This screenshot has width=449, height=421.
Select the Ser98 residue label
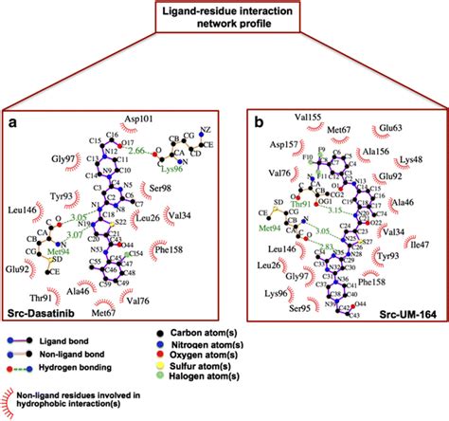point(161,187)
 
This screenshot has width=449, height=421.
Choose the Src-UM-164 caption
point(402,315)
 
